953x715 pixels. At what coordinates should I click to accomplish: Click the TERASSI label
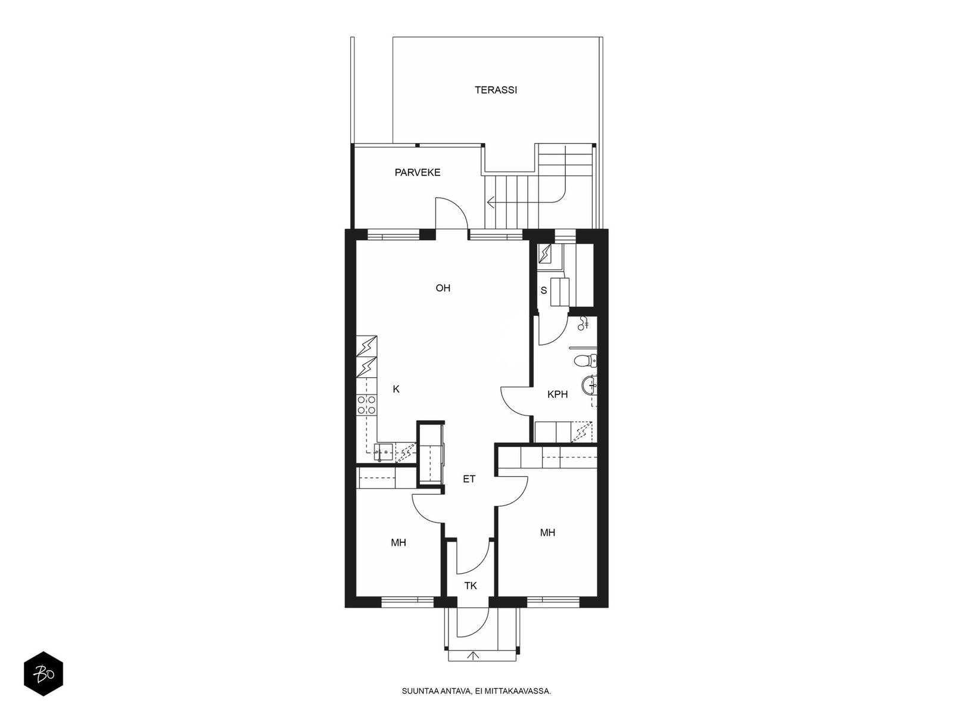[496, 91]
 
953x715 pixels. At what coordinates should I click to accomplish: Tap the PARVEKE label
[418, 173]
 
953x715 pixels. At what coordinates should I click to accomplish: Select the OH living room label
[443, 288]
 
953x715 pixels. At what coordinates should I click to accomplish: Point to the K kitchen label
[396, 390]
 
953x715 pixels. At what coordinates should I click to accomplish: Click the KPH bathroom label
[558, 394]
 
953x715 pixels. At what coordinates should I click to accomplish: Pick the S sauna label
[544, 291]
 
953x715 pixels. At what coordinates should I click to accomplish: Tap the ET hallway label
[469, 479]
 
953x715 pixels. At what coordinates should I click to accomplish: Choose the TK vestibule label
[471, 586]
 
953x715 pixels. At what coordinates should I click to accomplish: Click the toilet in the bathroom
[585, 360]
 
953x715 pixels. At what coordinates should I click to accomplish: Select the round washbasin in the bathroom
[589, 385]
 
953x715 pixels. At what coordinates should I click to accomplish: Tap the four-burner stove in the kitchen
[366, 405]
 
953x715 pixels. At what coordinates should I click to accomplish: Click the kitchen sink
[384, 452]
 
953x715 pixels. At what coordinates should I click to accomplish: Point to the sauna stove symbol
[545, 254]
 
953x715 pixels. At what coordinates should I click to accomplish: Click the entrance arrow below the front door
[473, 656]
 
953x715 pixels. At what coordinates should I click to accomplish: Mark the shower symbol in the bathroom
[584, 324]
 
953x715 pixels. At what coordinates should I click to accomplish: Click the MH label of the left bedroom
[398, 543]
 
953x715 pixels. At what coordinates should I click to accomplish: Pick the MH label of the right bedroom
[547, 533]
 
